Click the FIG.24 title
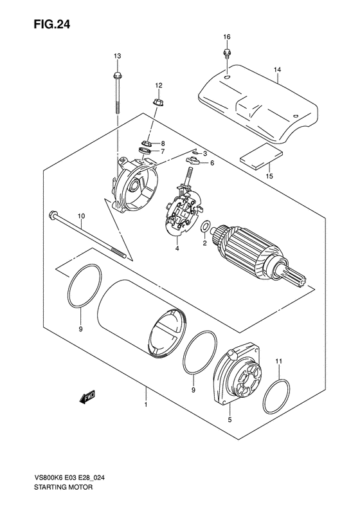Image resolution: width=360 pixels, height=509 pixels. tap(38, 24)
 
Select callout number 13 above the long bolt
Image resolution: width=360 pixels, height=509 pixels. tap(118, 57)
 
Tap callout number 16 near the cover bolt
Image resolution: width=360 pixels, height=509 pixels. tap(226, 36)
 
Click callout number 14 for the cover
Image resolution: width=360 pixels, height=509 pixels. tap(277, 69)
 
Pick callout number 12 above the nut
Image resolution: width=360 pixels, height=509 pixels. tap(158, 85)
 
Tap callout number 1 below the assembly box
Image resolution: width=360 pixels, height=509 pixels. tap(146, 405)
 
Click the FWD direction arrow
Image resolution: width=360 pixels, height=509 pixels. tap(88, 399)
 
